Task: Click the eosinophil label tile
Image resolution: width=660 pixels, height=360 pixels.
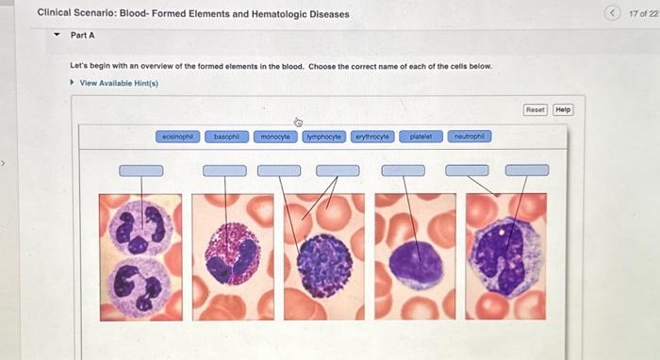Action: (178, 137)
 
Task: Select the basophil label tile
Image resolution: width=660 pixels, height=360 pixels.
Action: (225, 137)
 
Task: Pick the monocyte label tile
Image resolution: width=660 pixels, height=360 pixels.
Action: (275, 137)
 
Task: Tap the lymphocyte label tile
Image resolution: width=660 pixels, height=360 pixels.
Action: (324, 137)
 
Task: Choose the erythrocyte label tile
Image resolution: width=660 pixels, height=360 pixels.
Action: (371, 137)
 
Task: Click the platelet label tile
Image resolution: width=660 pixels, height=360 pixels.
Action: (421, 137)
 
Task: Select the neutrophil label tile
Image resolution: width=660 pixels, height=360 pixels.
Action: (469, 137)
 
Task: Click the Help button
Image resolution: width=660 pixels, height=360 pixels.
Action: (564, 109)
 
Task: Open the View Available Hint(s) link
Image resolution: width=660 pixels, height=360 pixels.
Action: (119, 83)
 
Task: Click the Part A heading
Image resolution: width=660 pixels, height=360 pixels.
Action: (83, 35)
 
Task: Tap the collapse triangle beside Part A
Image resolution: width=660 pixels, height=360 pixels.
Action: (58, 35)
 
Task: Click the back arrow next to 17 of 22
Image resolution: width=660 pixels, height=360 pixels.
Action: (614, 13)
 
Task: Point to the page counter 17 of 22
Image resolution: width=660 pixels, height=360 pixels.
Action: (643, 13)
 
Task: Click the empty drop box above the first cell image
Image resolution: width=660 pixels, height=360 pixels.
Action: (140, 171)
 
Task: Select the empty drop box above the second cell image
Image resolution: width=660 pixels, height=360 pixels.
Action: (224, 171)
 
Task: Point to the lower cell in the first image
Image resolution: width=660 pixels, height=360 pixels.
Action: (140, 286)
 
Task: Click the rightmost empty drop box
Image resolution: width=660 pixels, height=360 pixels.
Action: (527, 171)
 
